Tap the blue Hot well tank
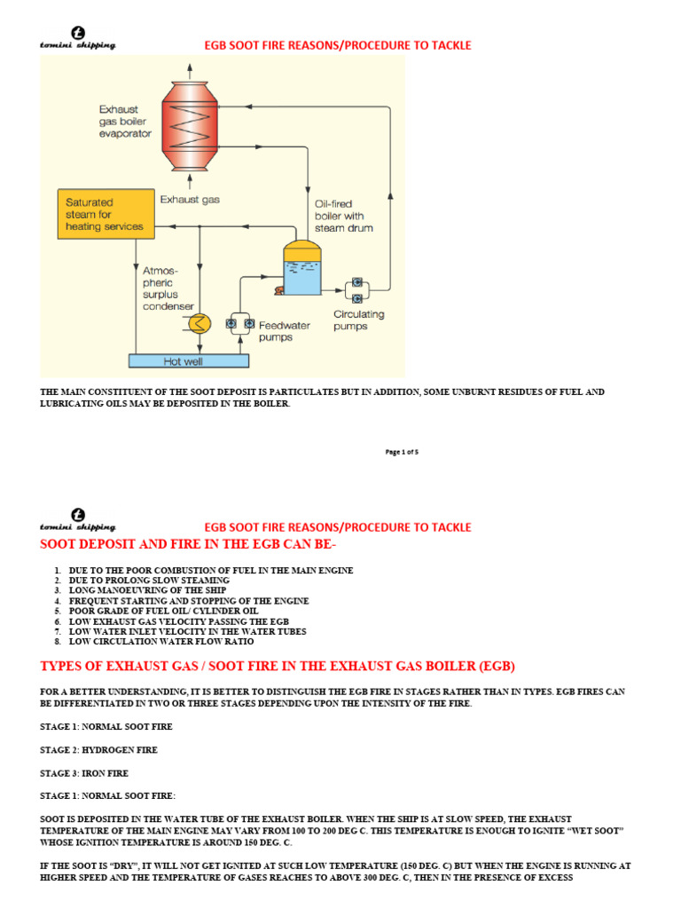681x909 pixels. tap(189, 360)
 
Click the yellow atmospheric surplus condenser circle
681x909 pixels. tap(200, 323)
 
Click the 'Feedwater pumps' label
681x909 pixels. tap(285, 331)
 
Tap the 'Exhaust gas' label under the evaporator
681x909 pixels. tap(191, 200)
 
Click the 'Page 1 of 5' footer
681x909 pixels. tap(402, 452)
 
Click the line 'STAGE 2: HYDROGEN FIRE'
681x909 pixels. tap(98, 750)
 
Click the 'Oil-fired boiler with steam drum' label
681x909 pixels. tap(344, 216)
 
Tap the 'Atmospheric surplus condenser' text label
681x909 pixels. tap(168, 287)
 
